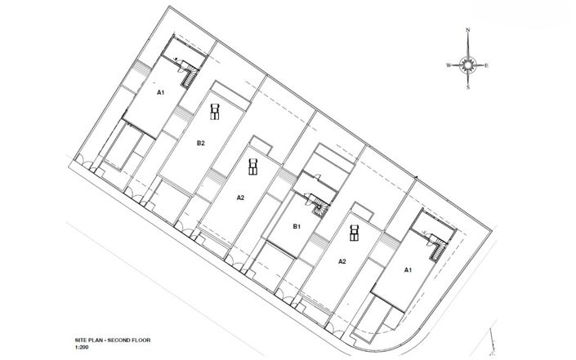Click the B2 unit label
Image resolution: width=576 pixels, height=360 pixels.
click(x=200, y=143)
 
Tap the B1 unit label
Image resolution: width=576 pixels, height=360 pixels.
click(x=297, y=226)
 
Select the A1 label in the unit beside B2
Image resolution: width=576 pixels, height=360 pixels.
click(x=160, y=92)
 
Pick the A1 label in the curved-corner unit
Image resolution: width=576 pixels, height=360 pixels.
click(x=408, y=270)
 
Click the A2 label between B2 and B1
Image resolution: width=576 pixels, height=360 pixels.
click(x=240, y=198)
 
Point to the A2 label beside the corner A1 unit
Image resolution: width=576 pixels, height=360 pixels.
click(x=342, y=261)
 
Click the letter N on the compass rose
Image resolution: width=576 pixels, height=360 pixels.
click(x=468, y=29)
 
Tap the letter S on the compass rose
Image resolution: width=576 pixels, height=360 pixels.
click(x=468, y=87)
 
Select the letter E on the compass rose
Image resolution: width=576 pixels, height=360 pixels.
click(x=486, y=65)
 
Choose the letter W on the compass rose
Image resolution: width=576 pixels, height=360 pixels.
click(x=449, y=65)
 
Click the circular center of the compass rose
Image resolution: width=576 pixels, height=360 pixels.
click(x=468, y=65)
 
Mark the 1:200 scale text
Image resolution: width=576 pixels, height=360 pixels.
click(x=82, y=347)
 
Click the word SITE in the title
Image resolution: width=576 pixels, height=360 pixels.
click(x=81, y=340)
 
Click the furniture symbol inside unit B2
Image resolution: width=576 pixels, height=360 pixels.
click(x=215, y=112)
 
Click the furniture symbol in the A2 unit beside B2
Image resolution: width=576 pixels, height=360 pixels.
click(x=252, y=167)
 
